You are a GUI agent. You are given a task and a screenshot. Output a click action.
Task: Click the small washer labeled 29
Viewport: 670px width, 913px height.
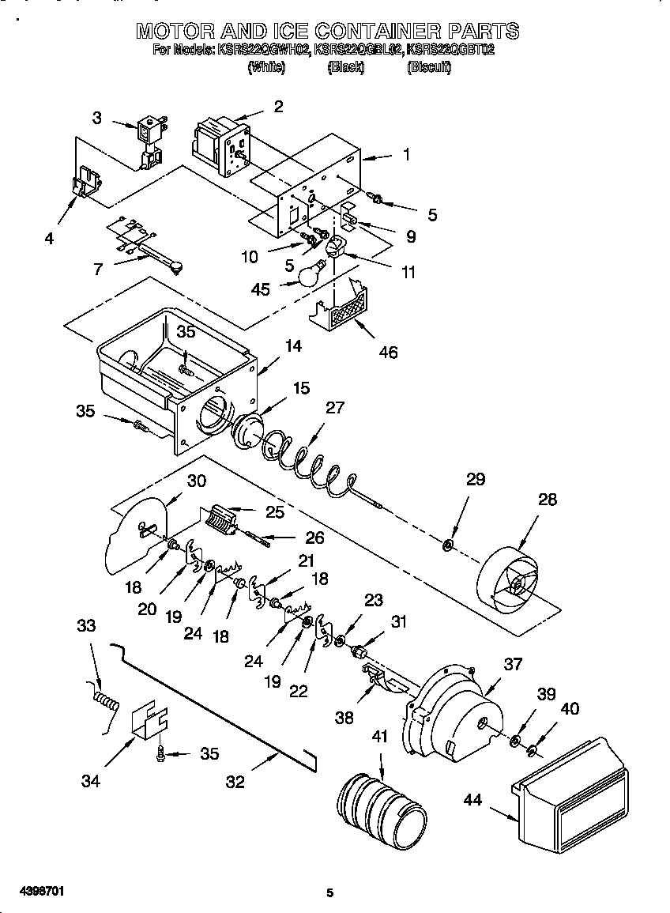tap(447, 544)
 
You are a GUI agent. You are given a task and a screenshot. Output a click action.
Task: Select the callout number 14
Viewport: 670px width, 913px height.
tap(294, 345)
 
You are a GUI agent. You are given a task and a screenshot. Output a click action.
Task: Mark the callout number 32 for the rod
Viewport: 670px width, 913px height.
tap(235, 783)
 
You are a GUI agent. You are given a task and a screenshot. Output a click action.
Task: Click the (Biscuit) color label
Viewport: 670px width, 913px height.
tap(429, 68)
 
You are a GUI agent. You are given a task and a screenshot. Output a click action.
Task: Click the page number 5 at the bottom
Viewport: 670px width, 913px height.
tap(330, 893)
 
